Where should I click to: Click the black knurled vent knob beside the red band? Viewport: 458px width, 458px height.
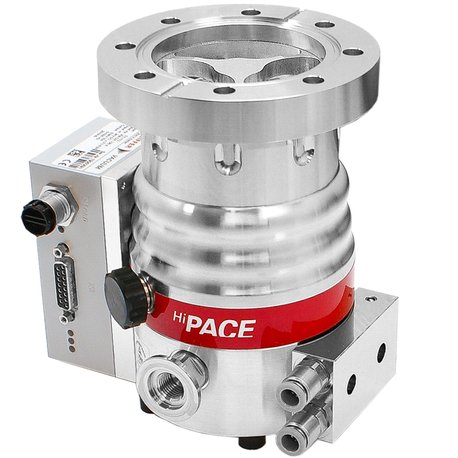point(125,298)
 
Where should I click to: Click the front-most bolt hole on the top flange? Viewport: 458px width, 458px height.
point(224,90)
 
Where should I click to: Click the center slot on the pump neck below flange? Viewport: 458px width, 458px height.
point(228,158)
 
